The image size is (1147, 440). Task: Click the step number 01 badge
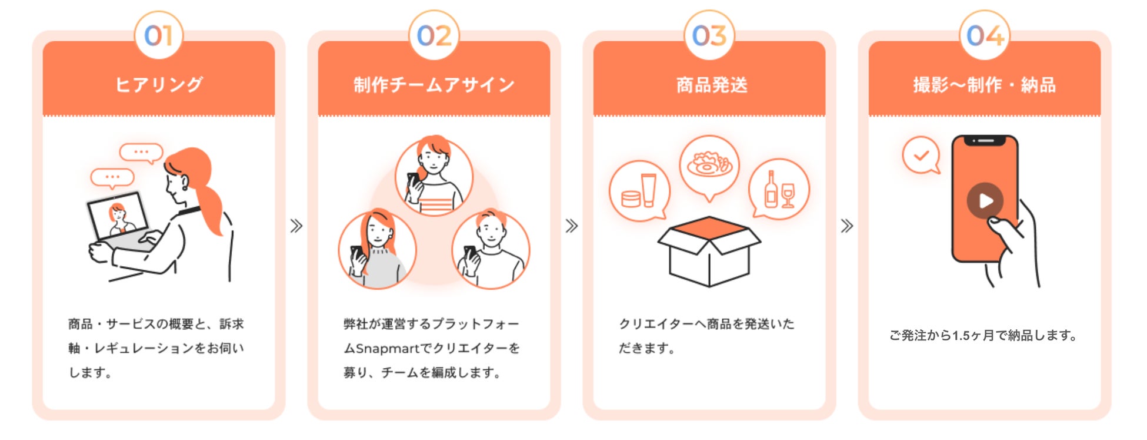159,35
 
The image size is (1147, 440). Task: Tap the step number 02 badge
434,35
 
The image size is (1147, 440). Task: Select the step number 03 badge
709,35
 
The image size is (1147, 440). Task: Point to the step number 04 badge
985,35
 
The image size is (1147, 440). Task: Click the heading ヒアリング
159,85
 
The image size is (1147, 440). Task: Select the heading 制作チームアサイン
434,85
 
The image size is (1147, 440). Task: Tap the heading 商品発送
712,85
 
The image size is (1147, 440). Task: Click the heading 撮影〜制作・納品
985,85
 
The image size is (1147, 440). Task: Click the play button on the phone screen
985,201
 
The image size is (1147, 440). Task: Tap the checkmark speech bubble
921,156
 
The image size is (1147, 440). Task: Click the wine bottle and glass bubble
779,190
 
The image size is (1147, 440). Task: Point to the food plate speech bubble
709,165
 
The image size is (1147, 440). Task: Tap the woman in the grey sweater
378,251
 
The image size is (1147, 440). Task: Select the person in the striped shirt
434,177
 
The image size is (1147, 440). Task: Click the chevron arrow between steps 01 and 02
296,226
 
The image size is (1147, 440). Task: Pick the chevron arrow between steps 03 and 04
847,226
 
